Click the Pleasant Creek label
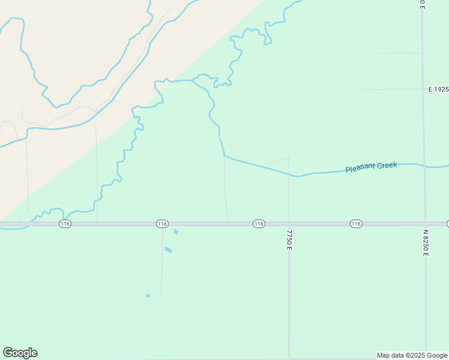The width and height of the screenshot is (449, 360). (x=371, y=167)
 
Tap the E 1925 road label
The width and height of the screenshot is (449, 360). (x=438, y=89)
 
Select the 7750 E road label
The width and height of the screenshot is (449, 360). (x=289, y=239)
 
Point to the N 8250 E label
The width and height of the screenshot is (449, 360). (x=426, y=242)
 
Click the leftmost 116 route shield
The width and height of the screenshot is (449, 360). (x=65, y=224)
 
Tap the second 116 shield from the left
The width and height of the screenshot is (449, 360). (x=161, y=224)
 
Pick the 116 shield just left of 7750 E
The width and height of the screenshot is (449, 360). (x=259, y=224)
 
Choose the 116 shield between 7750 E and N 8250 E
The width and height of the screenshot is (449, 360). (x=356, y=224)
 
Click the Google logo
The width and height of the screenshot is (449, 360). (x=20, y=353)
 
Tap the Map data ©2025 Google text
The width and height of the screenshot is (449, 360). (x=411, y=355)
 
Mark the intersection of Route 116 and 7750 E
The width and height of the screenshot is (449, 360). (x=289, y=224)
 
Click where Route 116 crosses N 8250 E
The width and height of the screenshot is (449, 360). (x=425, y=224)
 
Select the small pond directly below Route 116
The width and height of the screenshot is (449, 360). (x=176, y=232)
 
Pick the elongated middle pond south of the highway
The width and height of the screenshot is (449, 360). (x=169, y=250)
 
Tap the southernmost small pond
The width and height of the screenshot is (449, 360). (x=148, y=295)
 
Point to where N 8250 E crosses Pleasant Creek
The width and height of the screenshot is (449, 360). (x=424, y=164)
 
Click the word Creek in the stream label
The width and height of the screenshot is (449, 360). (x=386, y=165)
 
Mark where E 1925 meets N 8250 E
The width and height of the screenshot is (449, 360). (x=423, y=89)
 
